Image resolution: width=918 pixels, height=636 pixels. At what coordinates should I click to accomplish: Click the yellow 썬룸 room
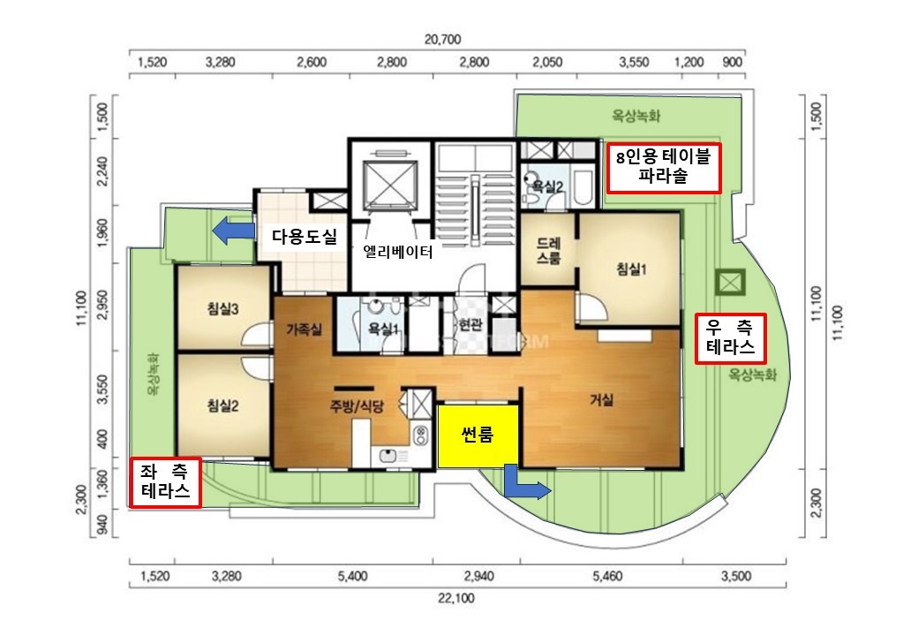(478, 435)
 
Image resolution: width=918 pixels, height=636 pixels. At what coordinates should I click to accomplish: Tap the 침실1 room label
(631, 269)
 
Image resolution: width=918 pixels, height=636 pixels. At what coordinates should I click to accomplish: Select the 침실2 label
(223, 405)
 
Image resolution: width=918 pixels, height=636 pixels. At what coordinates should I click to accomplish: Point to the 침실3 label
(223, 308)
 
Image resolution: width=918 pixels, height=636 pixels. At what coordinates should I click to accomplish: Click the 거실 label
(601, 400)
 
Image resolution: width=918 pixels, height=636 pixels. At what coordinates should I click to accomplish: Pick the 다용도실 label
(305, 237)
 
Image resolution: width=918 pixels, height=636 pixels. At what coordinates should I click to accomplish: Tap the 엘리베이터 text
(398, 252)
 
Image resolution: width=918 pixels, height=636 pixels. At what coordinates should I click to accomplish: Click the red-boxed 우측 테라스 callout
(731, 338)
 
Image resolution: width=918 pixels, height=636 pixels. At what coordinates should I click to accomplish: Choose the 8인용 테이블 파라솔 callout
(663, 168)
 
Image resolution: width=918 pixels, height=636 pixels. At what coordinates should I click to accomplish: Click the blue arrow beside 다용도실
(233, 231)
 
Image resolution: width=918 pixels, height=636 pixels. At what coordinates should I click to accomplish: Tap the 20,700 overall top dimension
(442, 39)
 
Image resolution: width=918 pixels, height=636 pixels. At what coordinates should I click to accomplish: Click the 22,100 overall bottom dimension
(455, 599)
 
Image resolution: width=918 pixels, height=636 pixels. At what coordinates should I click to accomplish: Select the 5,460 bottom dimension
(607, 576)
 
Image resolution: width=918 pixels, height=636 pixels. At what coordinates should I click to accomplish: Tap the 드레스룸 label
(548, 251)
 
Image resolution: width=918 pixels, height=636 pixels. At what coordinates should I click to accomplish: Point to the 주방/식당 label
(357, 405)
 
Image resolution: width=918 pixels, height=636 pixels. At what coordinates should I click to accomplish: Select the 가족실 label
(304, 330)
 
